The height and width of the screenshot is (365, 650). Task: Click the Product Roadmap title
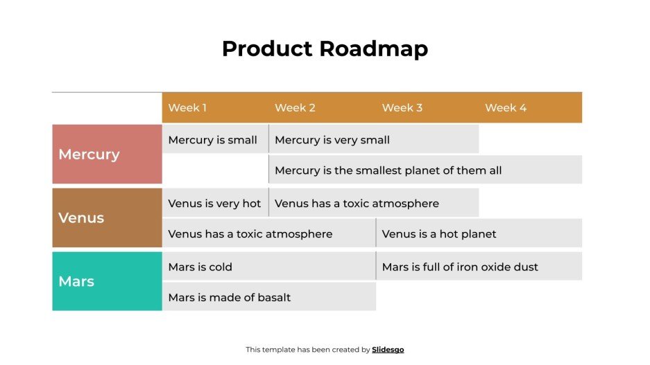click(325, 49)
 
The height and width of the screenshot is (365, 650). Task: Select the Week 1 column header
click(187, 108)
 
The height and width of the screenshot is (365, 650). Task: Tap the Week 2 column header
click(295, 108)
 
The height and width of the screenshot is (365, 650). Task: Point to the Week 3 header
click(402, 108)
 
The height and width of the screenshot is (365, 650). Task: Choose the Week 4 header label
click(506, 108)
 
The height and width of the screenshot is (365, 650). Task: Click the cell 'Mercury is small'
click(213, 140)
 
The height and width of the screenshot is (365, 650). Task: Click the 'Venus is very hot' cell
click(214, 204)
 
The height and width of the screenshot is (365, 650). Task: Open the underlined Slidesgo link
click(388, 350)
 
